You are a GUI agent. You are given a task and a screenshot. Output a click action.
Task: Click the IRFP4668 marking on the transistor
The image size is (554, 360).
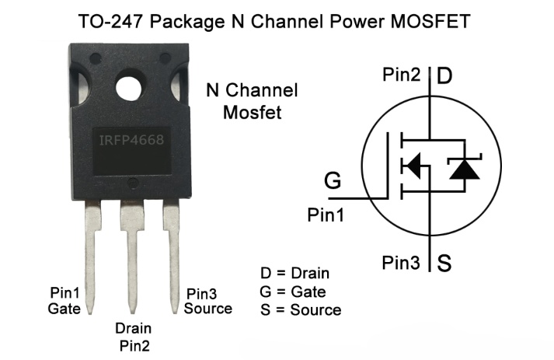[131, 140]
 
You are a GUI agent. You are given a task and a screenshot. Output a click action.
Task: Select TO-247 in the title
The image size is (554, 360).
[110, 21]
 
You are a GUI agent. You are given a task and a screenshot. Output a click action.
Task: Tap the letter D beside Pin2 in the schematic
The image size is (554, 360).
[444, 75]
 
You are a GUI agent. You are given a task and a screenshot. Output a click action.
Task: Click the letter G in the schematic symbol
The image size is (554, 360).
[333, 180]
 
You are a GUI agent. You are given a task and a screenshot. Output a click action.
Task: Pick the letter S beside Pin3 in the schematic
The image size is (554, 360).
[444, 263]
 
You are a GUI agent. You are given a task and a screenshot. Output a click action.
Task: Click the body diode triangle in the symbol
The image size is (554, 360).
[465, 170]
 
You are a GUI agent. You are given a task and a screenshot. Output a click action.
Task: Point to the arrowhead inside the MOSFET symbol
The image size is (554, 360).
[413, 166]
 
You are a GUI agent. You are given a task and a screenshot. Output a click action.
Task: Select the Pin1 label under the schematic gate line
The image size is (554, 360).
[326, 215]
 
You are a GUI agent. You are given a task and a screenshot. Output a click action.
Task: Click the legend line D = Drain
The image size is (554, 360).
[294, 274]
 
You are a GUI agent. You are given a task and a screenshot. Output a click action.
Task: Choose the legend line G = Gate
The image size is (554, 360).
[293, 292]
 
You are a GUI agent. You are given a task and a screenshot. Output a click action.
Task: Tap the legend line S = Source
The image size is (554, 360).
[301, 310]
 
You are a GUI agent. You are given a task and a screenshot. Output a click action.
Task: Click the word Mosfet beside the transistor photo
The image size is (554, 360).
[253, 113]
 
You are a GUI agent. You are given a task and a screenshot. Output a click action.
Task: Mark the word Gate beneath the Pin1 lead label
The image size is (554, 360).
[64, 309]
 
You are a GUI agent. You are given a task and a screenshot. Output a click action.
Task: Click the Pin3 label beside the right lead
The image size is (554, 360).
[201, 294]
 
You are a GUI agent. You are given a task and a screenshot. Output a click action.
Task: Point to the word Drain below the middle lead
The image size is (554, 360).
[133, 329]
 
